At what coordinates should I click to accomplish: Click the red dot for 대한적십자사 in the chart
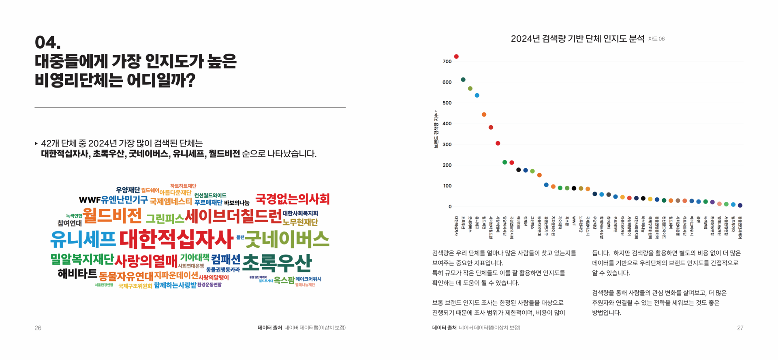point(456,57)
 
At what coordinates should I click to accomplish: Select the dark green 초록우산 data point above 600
point(463,80)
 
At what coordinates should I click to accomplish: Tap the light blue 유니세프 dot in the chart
point(477,96)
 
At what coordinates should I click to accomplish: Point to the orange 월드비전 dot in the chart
point(484,115)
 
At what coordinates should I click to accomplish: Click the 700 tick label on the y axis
point(447,62)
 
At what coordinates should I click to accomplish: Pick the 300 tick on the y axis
point(447,144)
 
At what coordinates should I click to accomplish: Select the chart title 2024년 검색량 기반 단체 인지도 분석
point(577,39)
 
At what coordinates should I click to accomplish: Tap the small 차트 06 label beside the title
point(656,39)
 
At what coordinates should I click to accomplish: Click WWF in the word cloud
point(90,200)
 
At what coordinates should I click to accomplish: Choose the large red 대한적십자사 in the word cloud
point(176,239)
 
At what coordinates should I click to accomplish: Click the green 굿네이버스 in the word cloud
point(287,239)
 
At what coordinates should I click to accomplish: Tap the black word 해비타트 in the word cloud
point(77,274)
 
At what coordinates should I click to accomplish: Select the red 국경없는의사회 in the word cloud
point(292,199)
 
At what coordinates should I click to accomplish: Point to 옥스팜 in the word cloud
point(284,280)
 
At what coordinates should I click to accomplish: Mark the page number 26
point(38,328)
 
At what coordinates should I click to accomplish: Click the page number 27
point(740,328)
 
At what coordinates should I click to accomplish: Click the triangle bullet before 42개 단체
point(36,144)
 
